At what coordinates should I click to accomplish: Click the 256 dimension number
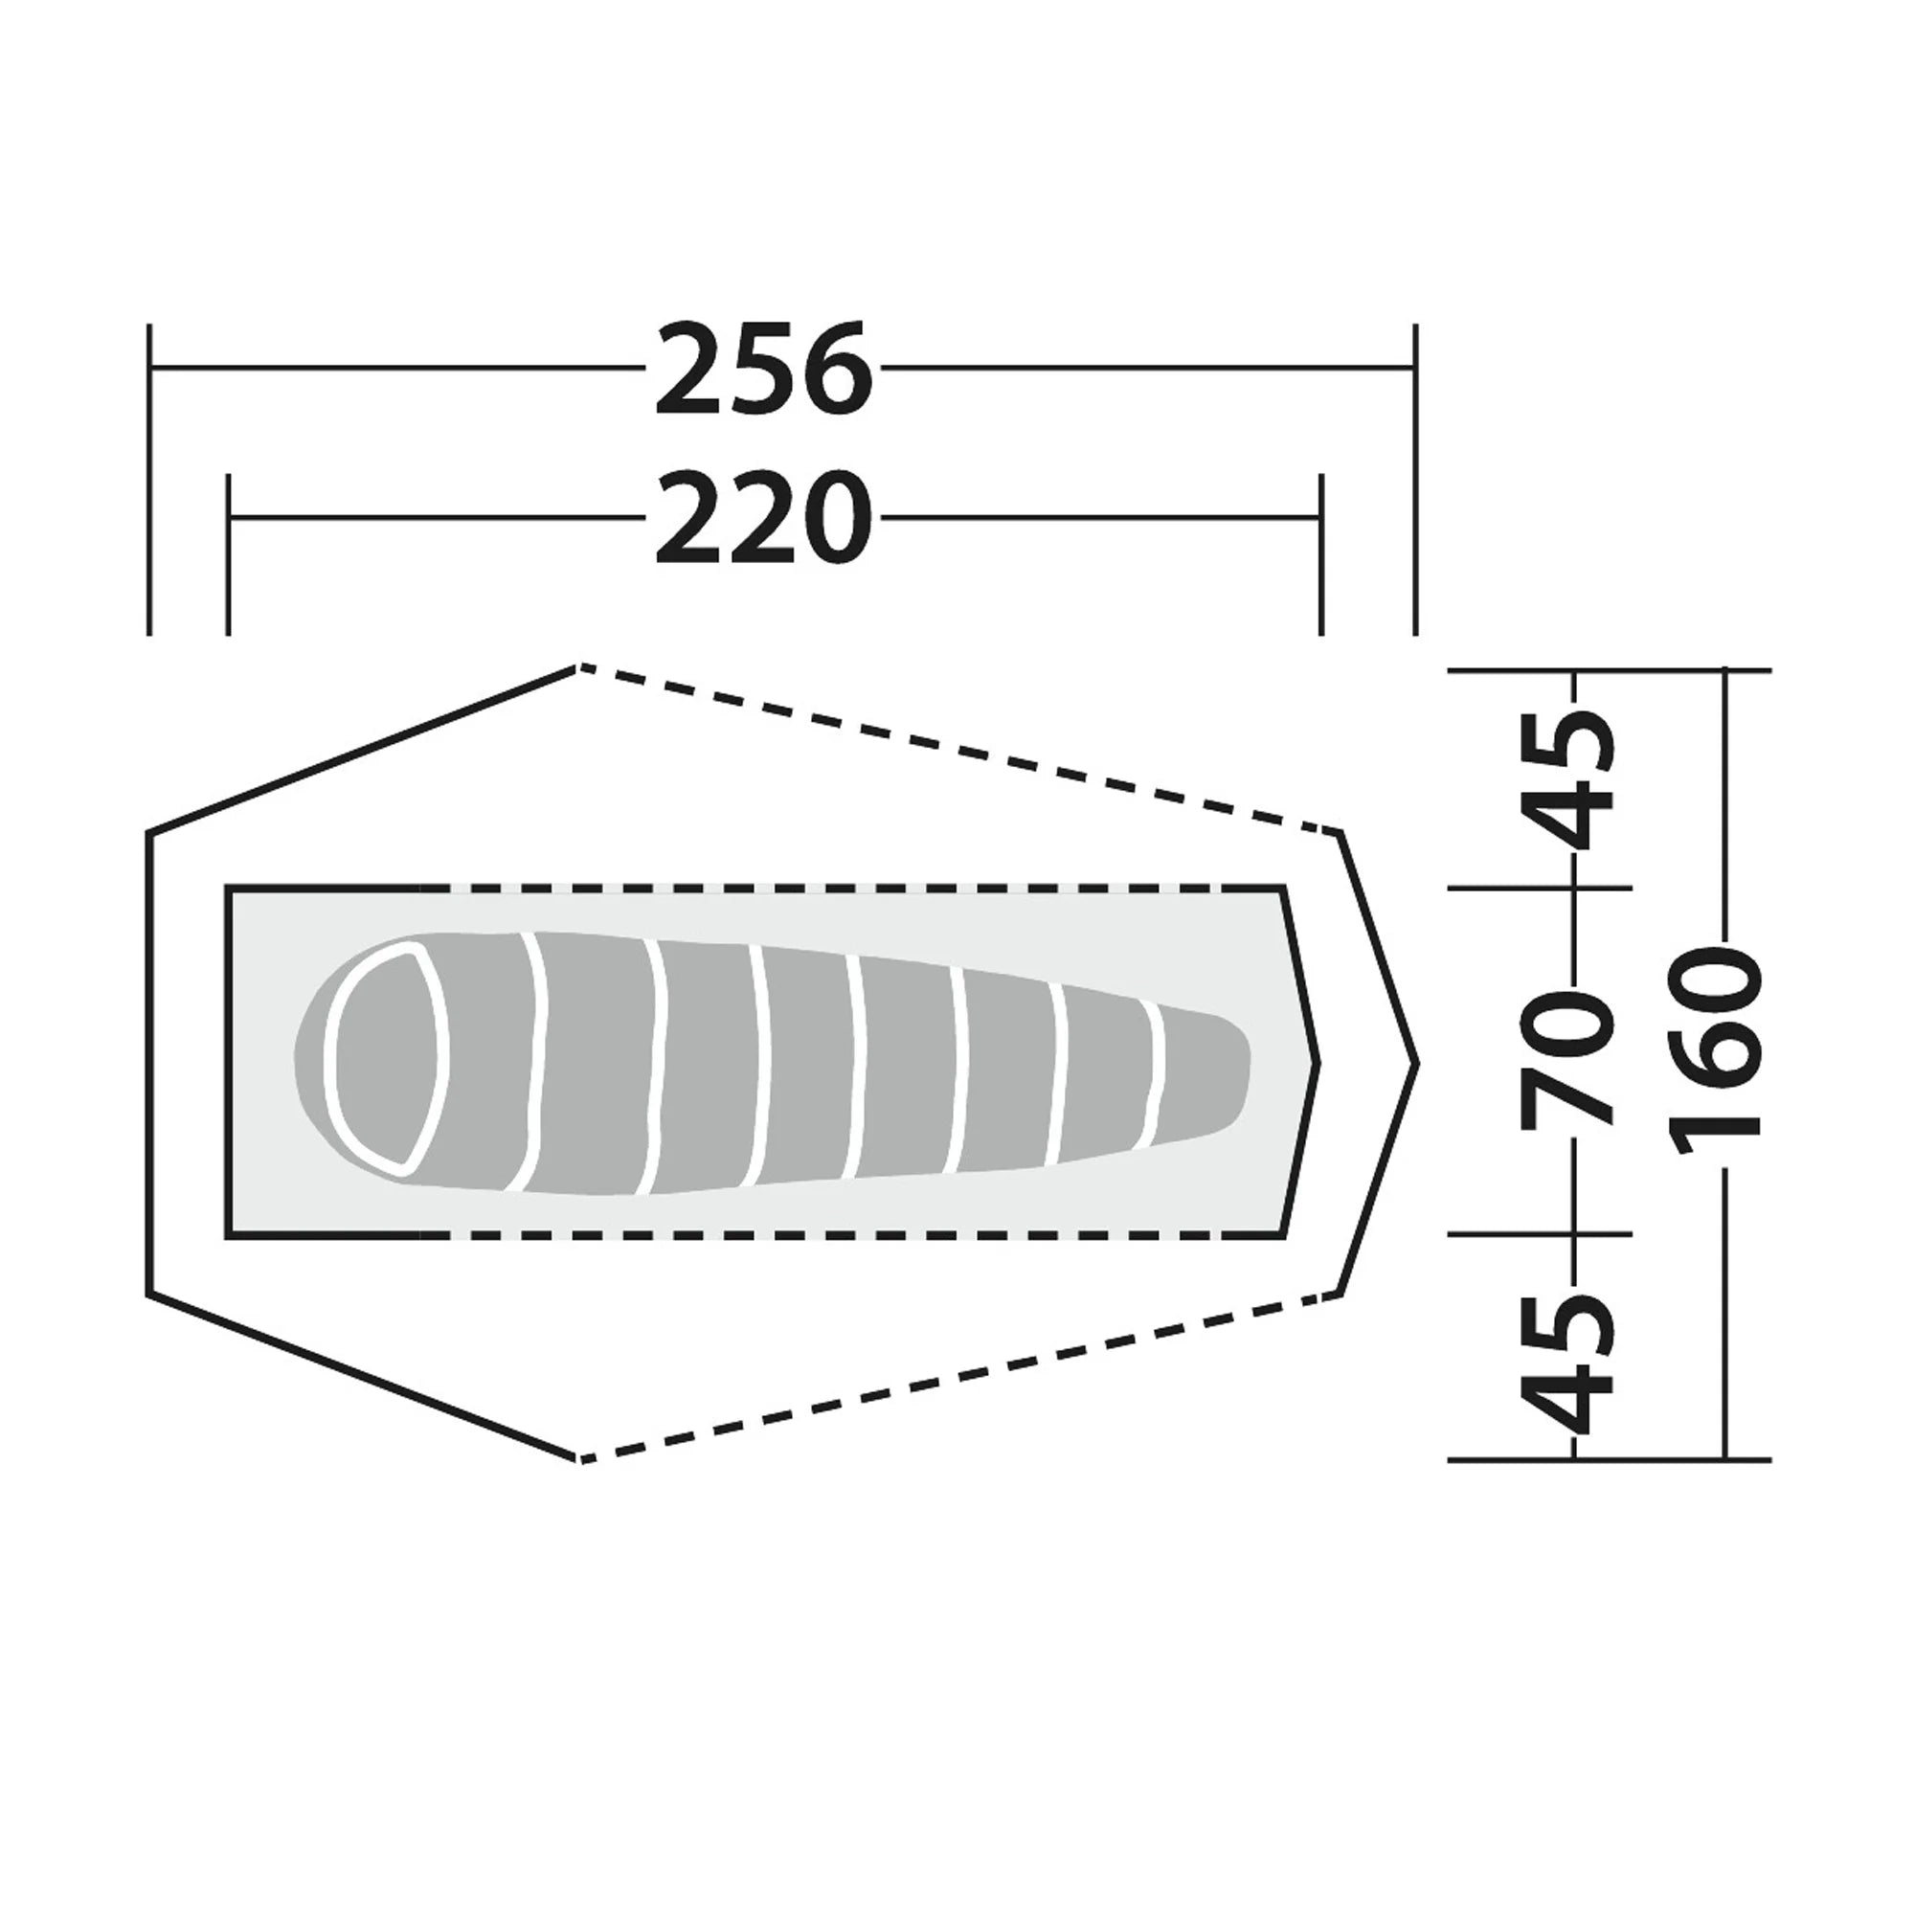762,369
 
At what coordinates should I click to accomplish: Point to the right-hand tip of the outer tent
1417,1064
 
